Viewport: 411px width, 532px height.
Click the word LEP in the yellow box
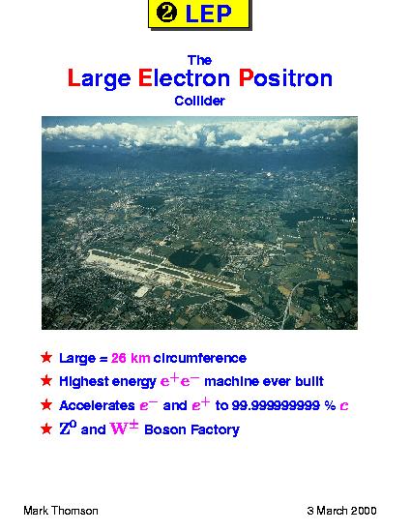(x=208, y=14)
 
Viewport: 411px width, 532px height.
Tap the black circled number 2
(x=167, y=14)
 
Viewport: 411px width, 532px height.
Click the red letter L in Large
(x=73, y=77)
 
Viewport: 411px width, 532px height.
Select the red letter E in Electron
(x=144, y=77)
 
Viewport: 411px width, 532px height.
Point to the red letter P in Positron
(x=246, y=77)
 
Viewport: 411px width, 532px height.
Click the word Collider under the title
(x=199, y=101)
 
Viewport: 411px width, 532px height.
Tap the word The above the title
(x=199, y=60)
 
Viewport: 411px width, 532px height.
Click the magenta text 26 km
(x=131, y=358)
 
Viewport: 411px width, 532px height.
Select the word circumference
(x=200, y=358)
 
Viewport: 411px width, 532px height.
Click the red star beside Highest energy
(x=46, y=381)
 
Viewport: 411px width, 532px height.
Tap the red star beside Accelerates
(x=46, y=404)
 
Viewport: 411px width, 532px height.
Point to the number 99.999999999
(x=276, y=405)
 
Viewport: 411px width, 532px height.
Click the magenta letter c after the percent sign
(x=344, y=406)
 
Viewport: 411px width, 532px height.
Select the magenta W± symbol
(x=124, y=428)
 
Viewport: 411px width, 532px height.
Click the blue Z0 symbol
(x=68, y=429)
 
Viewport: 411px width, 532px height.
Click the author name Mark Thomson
(x=61, y=511)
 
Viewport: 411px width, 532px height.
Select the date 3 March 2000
(x=341, y=511)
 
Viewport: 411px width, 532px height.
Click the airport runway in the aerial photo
(x=161, y=271)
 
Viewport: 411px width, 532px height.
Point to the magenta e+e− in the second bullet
(x=180, y=380)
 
